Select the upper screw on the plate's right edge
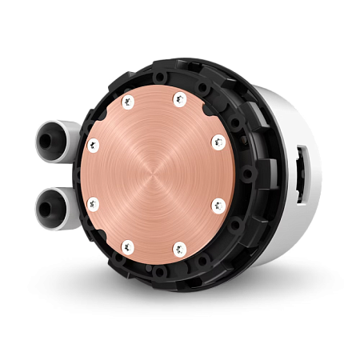coord(216,142)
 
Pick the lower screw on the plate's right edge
coord(217,204)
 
